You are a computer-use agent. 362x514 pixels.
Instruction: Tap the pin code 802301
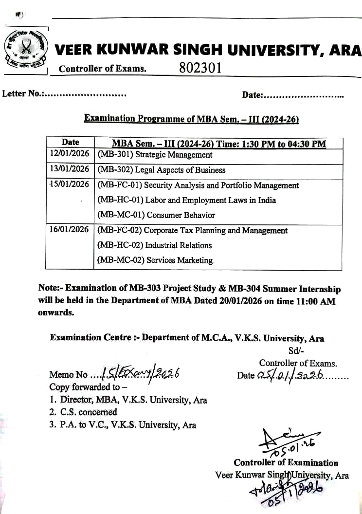click(x=200, y=68)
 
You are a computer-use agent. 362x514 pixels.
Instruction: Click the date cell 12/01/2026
click(x=70, y=155)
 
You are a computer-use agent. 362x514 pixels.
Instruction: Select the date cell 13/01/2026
click(x=70, y=169)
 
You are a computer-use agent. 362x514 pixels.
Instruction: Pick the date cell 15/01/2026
click(x=70, y=184)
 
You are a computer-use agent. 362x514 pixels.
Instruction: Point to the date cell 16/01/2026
click(x=70, y=230)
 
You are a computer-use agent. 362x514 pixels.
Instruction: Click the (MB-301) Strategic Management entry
click(x=155, y=155)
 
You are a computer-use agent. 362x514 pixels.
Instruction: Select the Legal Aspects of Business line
click(x=162, y=170)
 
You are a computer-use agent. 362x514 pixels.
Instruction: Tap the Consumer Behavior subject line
click(x=156, y=215)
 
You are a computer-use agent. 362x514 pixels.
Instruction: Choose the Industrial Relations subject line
click(x=155, y=245)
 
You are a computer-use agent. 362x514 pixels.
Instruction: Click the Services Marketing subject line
click(x=155, y=260)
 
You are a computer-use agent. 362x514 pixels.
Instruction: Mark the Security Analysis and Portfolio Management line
click(x=198, y=185)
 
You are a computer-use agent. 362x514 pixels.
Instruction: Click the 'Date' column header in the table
click(x=70, y=142)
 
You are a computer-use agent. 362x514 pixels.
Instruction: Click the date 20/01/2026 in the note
click(x=239, y=301)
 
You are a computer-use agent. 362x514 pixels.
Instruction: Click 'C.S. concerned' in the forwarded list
click(x=84, y=412)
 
